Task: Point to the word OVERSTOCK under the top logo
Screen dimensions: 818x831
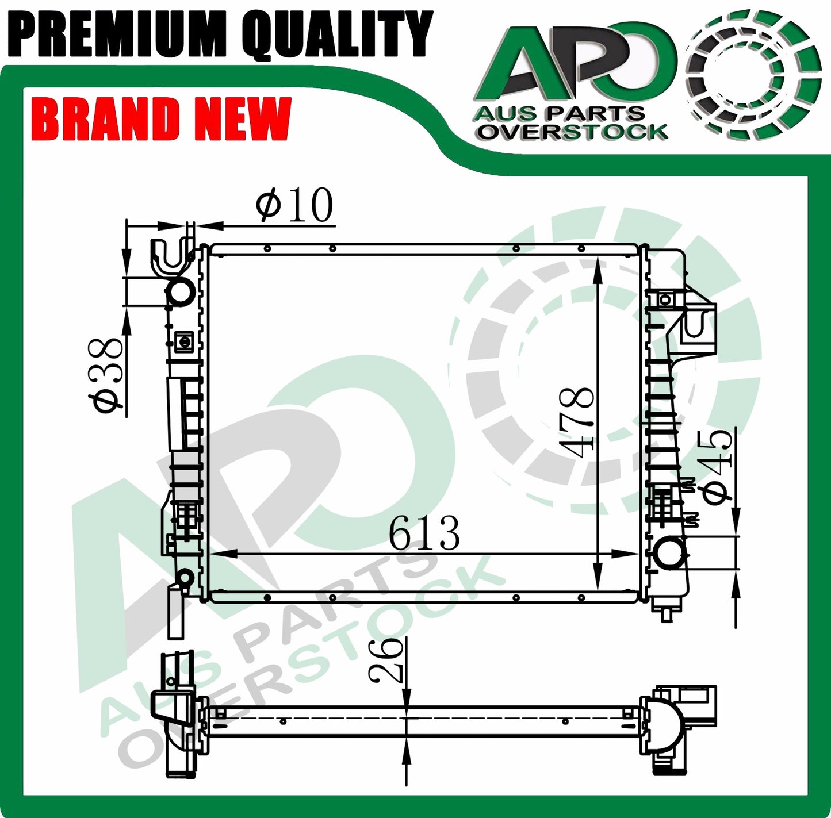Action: tap(573, 132)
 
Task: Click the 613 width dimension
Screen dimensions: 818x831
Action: tap(424, 533)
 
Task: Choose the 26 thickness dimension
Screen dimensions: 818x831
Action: tap(386, 659)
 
